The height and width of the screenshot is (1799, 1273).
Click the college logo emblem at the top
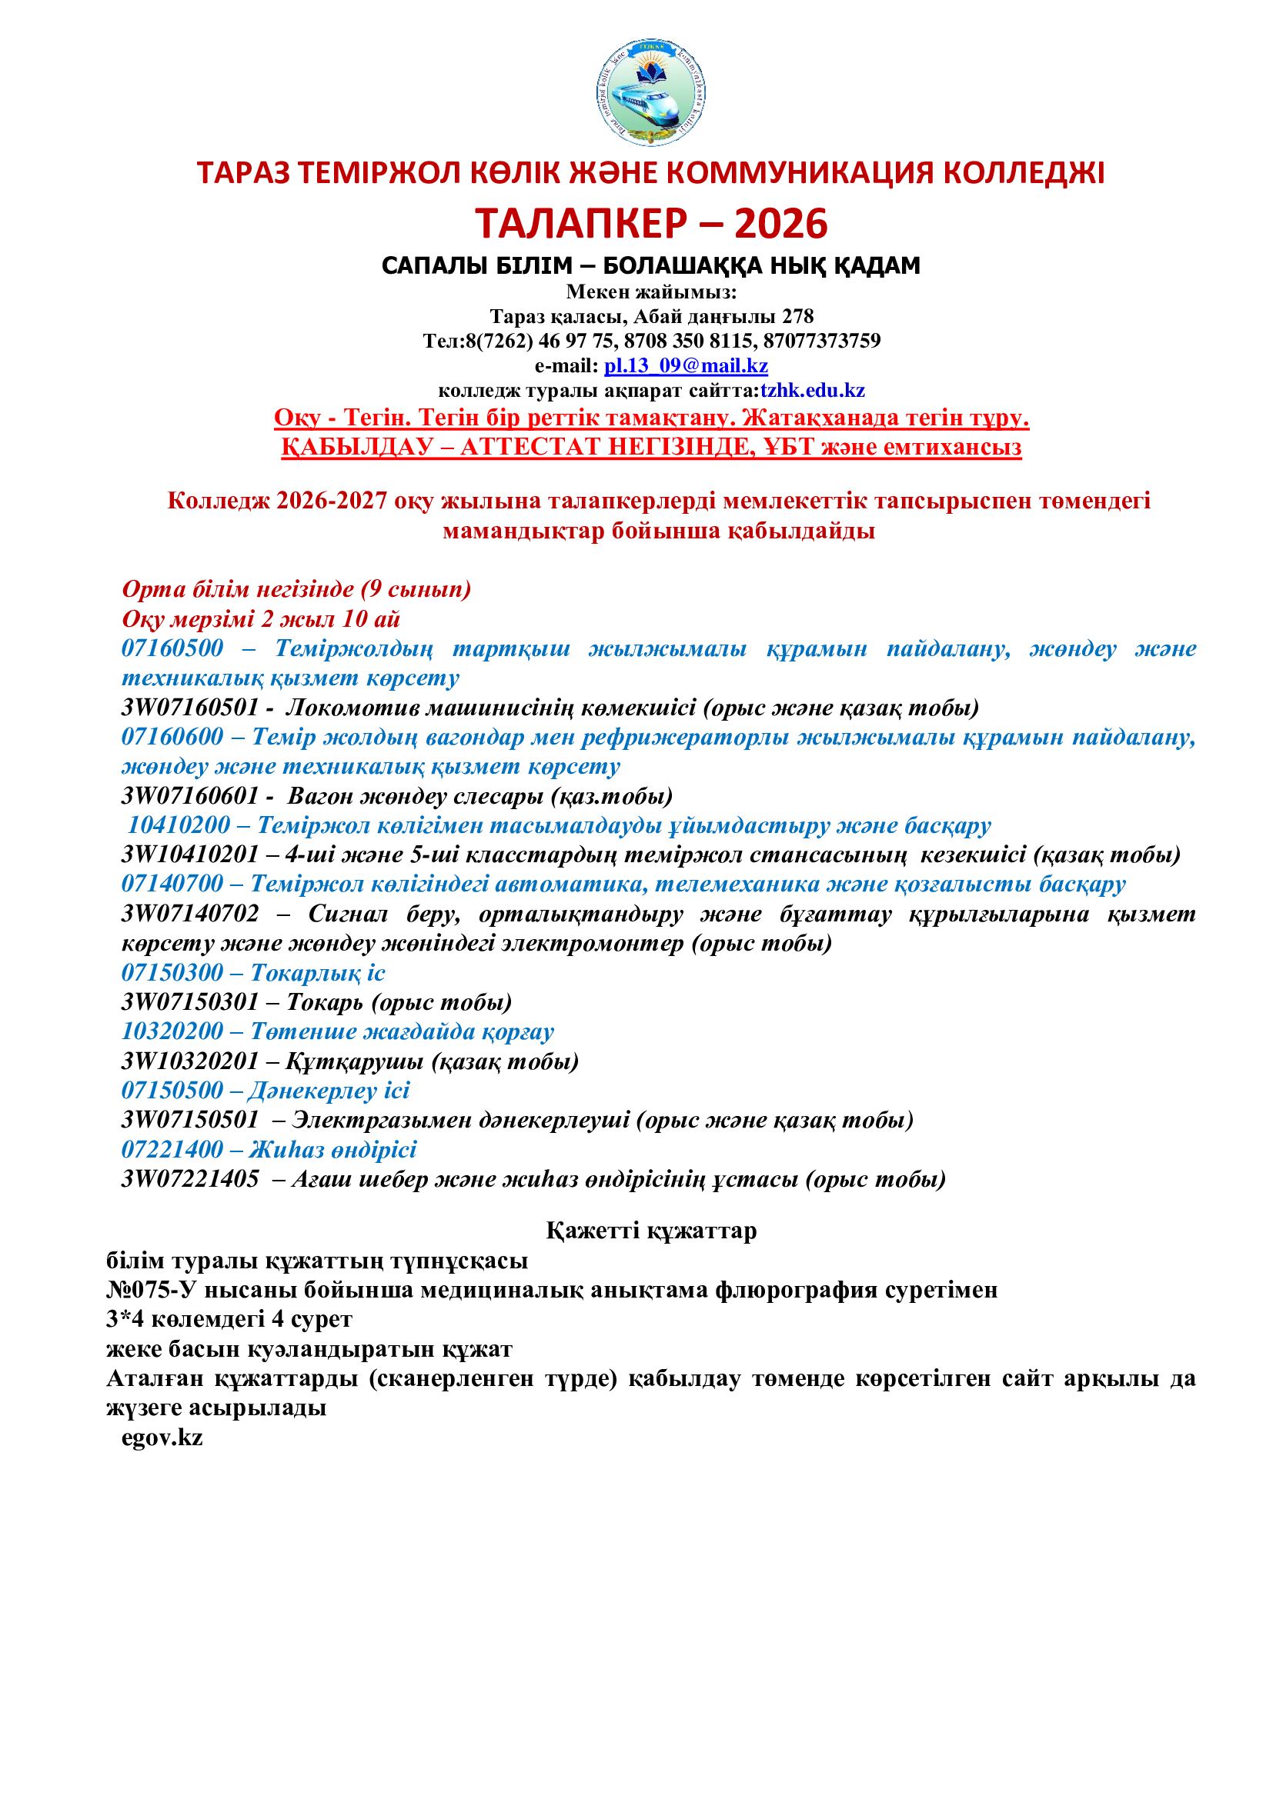(650, 92)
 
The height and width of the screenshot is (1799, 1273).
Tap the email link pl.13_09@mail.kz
(686, 366)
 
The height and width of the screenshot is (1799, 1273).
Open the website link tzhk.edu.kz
(812, 390)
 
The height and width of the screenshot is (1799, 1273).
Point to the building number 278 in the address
(798, 317)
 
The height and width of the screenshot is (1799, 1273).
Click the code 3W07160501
(189, 708)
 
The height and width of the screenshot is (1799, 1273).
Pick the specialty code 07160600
(172, 737)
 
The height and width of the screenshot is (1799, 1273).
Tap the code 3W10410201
(189, 855)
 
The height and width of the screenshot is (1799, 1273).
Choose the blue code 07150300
(172, 972)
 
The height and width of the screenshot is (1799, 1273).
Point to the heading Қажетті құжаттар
(650, 1231)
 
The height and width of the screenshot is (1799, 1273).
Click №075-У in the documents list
(151, 1290)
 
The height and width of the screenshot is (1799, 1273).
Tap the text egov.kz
(162, 1438)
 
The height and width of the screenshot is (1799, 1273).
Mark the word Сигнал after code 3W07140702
(348, 914)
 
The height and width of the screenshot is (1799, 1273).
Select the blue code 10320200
(172, 1031)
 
